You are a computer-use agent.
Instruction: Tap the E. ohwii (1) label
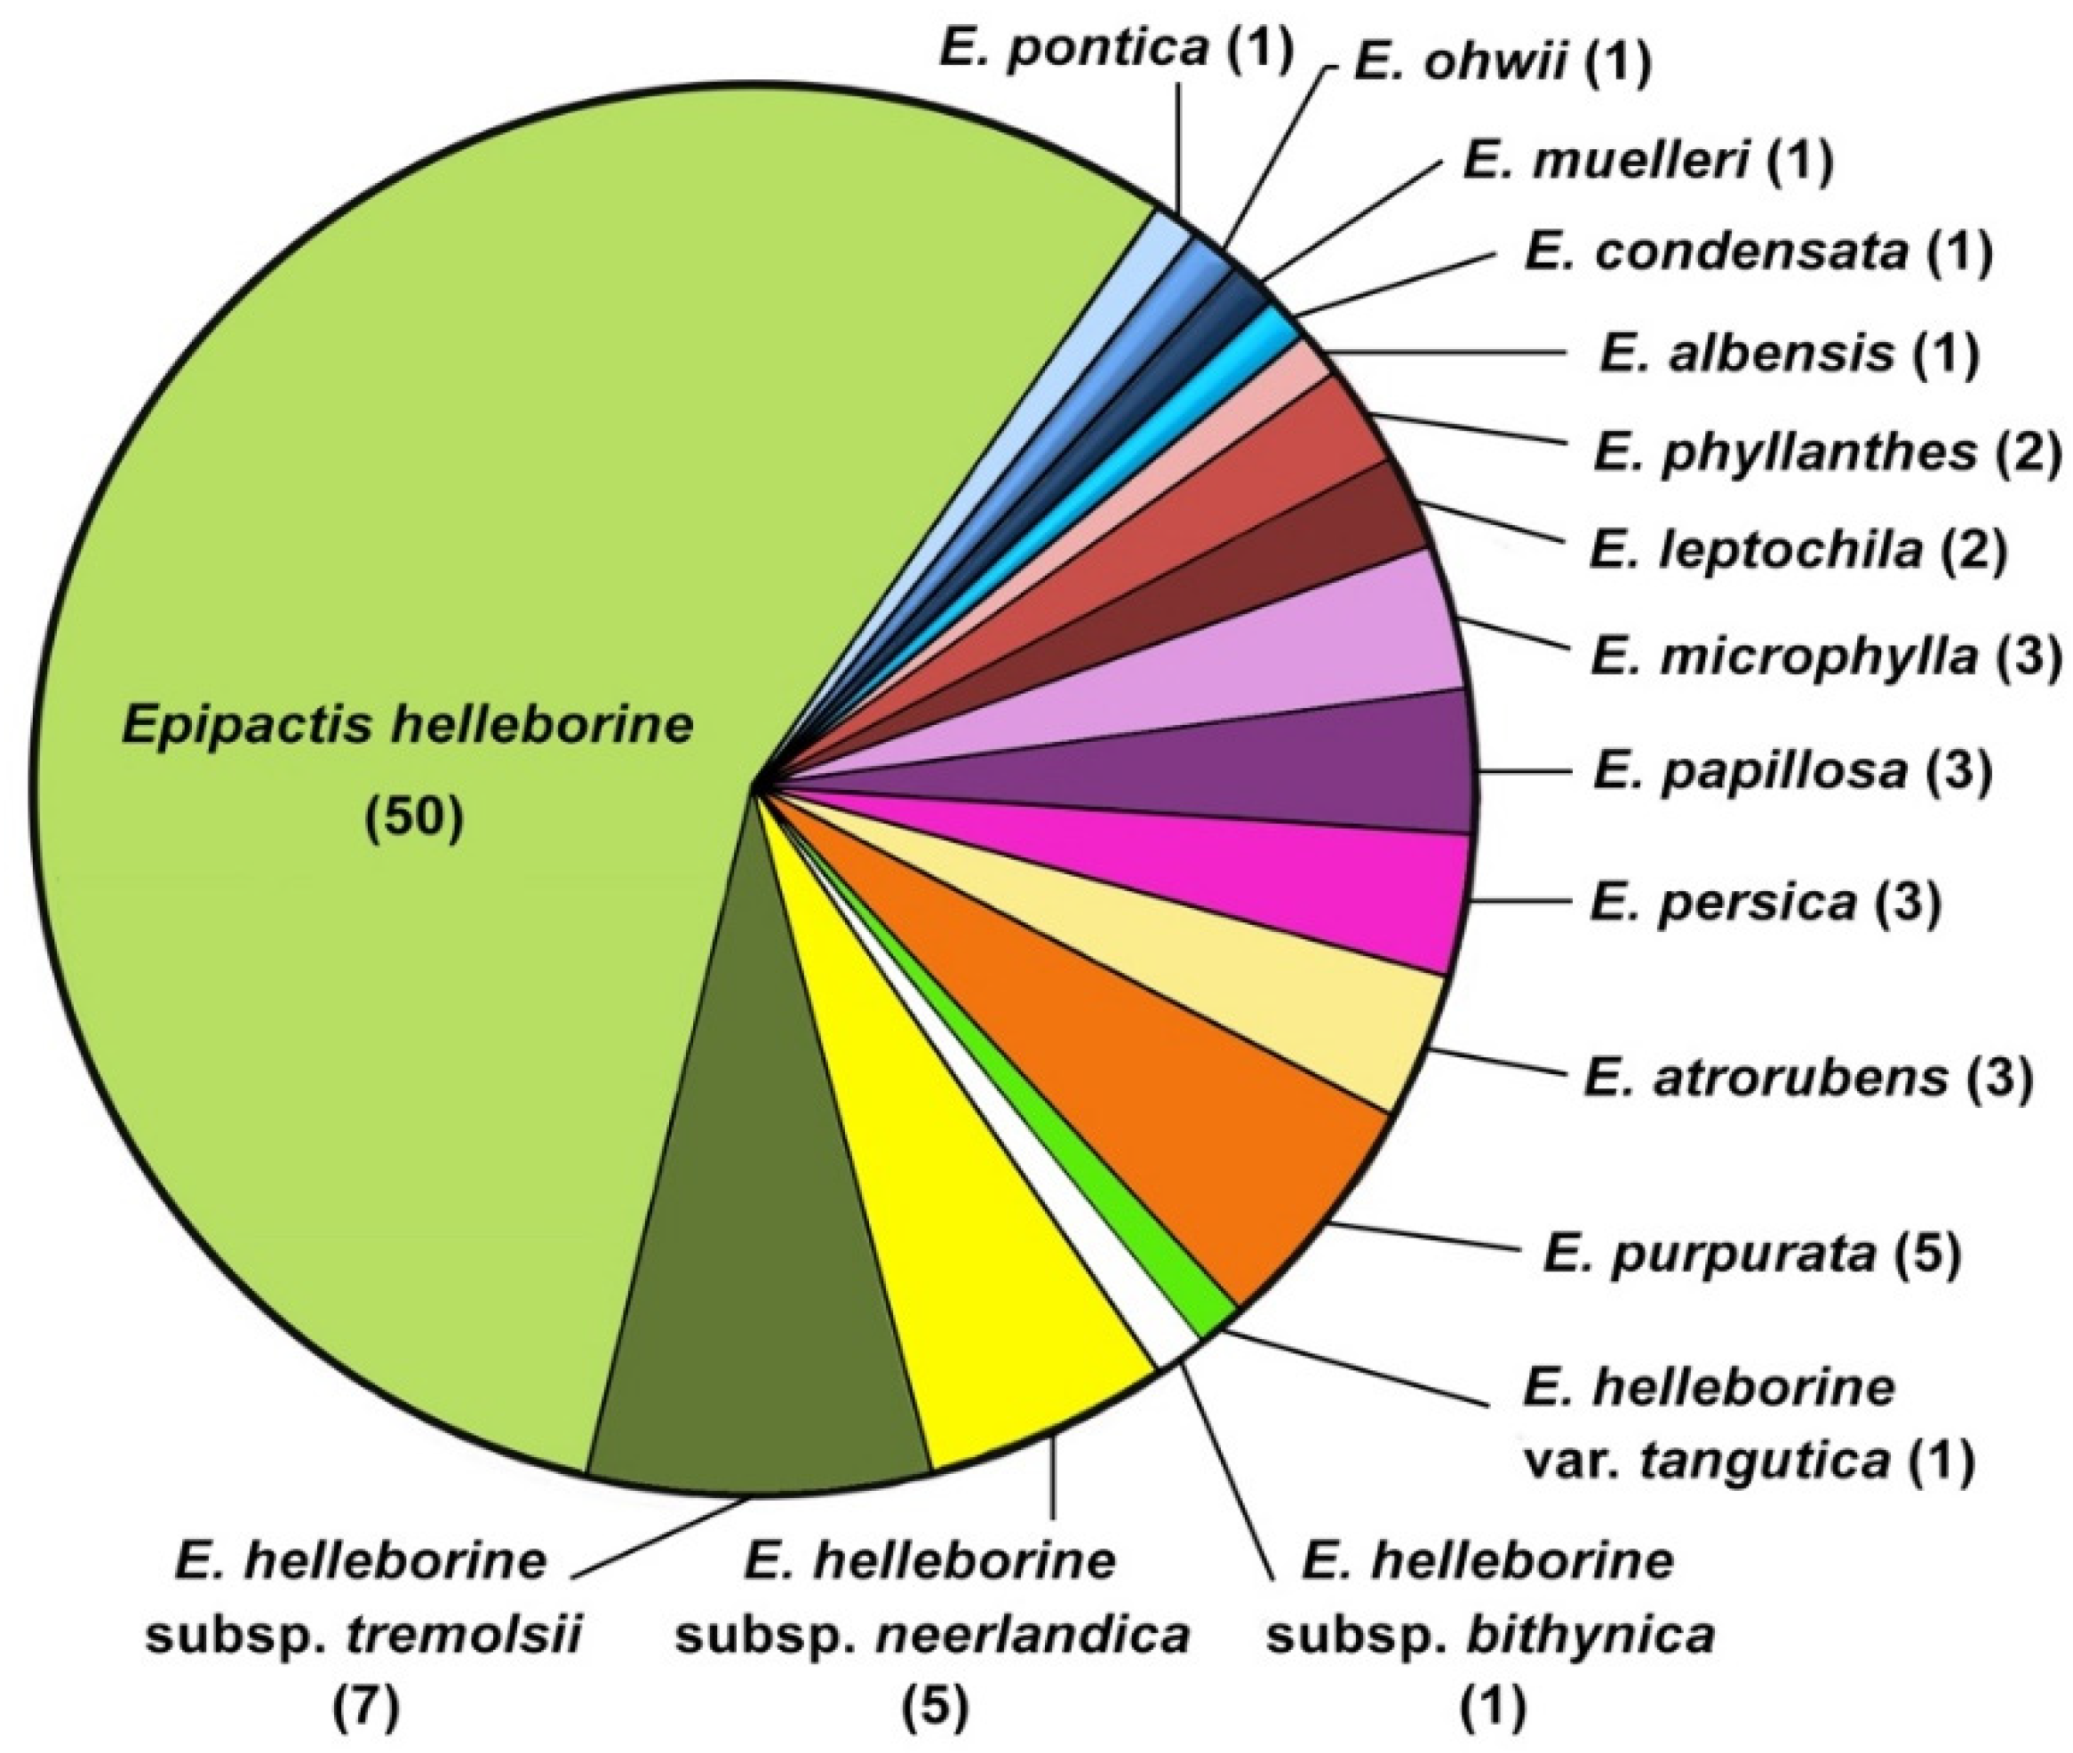tap(1502, 64)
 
